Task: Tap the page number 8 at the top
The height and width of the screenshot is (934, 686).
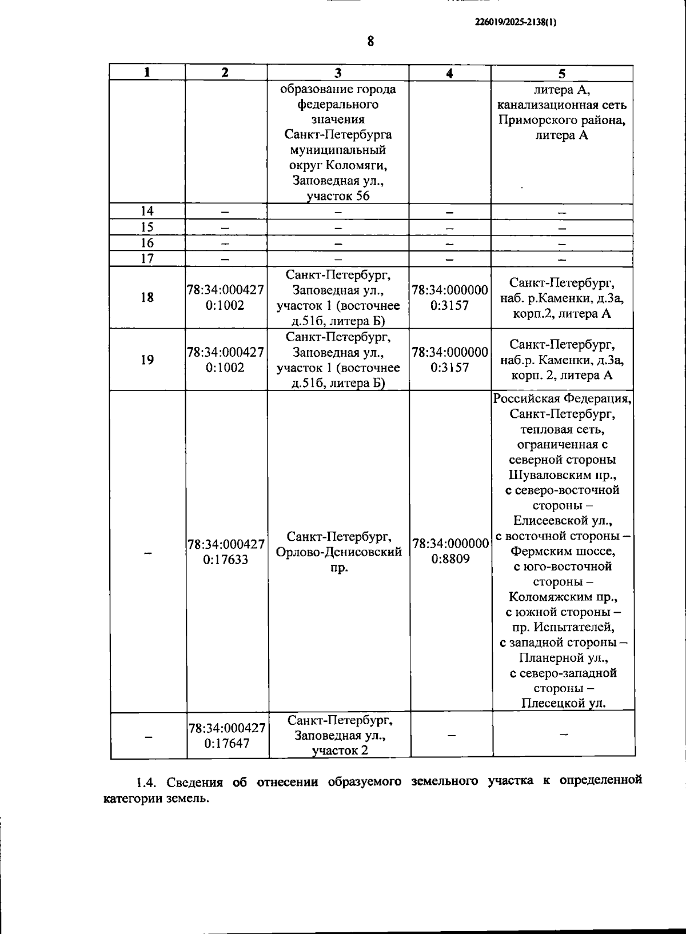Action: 370,41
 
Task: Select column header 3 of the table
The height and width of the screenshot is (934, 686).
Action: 338,73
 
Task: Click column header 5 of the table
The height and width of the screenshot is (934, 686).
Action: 562,73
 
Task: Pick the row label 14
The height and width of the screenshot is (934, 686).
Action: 147,211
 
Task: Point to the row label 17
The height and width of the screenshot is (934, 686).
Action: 147,258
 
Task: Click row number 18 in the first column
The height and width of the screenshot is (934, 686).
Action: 147,297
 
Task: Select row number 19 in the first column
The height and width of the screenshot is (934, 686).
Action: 147,360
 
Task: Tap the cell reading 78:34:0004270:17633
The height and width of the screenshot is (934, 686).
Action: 226,552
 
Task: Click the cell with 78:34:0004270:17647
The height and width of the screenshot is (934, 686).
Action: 227,736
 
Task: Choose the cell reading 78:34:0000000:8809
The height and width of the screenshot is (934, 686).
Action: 450,551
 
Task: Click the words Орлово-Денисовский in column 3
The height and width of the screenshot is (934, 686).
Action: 338,552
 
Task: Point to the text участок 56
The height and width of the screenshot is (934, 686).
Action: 338,196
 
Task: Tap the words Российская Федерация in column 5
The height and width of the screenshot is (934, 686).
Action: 562,398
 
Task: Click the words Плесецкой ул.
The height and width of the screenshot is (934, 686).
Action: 563,703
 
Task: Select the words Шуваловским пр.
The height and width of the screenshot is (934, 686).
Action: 562,475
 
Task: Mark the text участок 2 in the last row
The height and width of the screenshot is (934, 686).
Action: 340,751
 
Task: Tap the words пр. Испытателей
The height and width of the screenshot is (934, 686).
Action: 563,627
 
